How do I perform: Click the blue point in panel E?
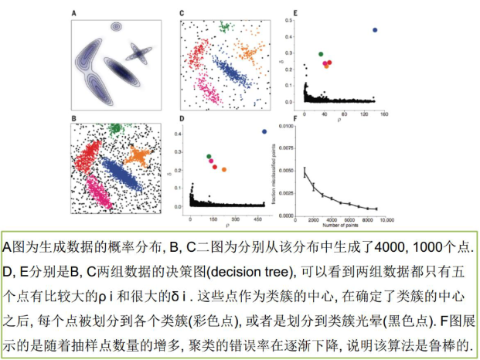(375, 30)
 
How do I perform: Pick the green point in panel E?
(321, 54)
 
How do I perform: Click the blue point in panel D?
(264, 131)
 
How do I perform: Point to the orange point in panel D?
(224, 169)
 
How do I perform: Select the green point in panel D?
(209, 157)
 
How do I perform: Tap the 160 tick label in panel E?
(383, 114)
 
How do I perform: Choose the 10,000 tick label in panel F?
(386, 220)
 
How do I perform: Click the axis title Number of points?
(341, 226)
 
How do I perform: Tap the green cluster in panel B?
(114, 128)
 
